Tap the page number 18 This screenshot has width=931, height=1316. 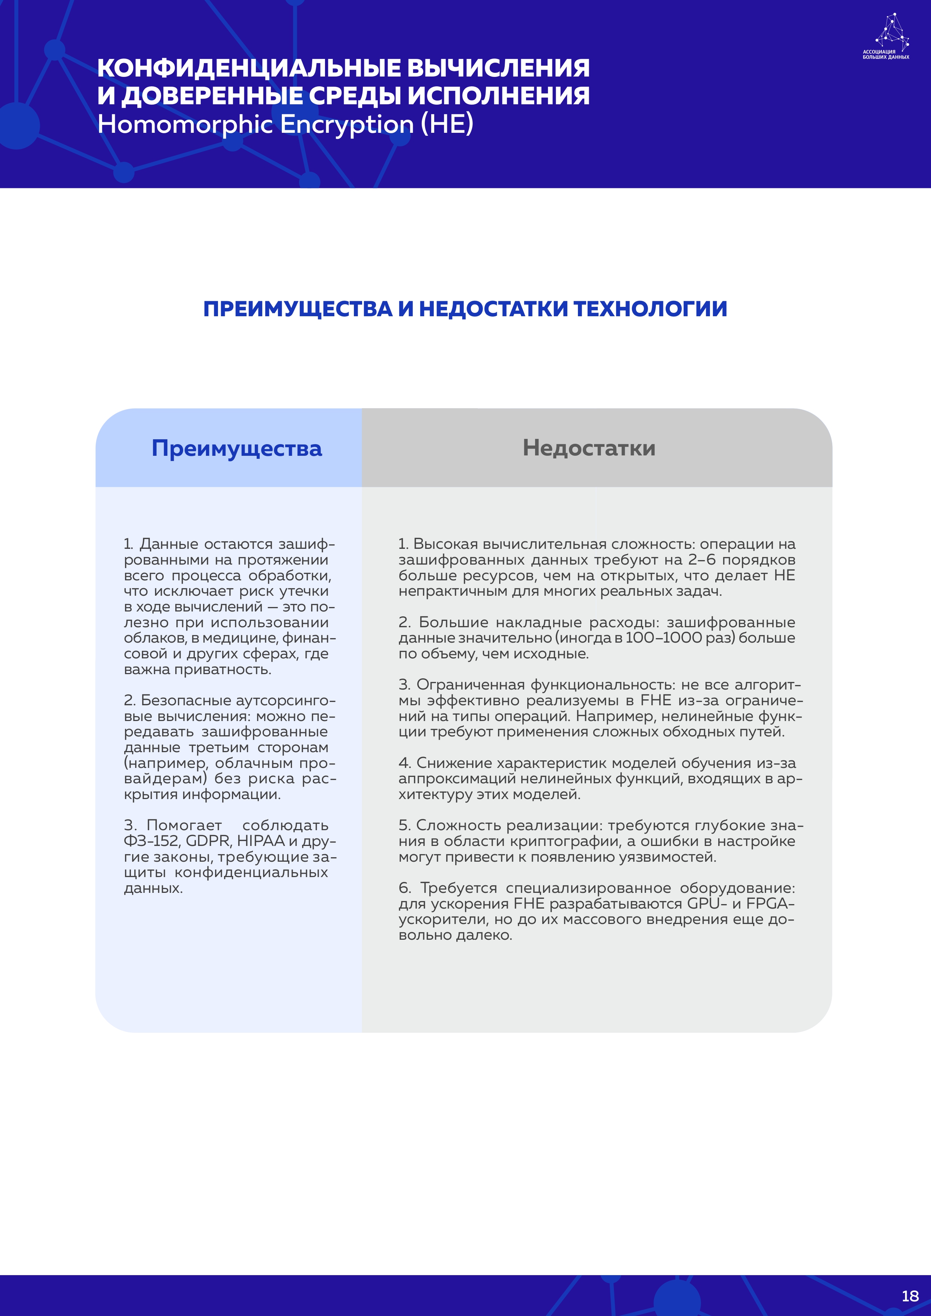tap(910, 1296)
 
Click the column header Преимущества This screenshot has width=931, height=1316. tap(237, 448)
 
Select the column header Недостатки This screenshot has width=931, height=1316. tap(589, 448)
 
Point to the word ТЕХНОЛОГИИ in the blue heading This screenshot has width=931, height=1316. tap(650, 309)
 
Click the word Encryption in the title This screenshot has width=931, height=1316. tap(347, 125)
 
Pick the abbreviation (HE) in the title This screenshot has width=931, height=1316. tap(447, 125)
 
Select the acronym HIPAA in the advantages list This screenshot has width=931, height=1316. tap(260, 841)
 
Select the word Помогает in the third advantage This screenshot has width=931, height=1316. tap(184, 825)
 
